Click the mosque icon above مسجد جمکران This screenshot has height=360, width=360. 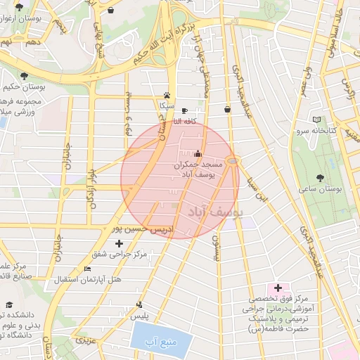coord(198,153)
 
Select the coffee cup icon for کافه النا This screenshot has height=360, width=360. coord(184,110)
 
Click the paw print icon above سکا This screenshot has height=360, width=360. coord(167,95)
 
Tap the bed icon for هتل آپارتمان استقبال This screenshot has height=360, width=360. coord(87,269)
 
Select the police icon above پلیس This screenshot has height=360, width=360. coord(139,304)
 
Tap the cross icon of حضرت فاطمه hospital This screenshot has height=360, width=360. coord(278,288)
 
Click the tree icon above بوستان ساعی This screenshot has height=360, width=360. coord(321,178)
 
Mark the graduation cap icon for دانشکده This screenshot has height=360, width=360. coord(9,305)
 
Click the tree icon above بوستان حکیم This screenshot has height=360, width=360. coord(24,75)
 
